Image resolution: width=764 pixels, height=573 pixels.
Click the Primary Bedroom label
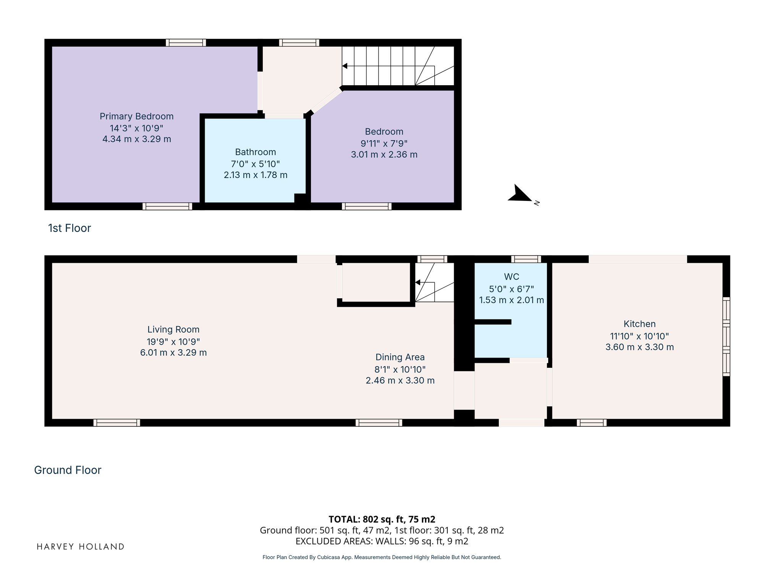coord(136,117)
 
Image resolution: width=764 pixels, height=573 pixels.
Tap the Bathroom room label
coord(255,152)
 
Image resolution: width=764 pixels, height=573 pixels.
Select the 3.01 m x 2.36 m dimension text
coord(384,155)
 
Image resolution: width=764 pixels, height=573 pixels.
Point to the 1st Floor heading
coord(70,228)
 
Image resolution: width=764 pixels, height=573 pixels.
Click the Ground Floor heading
coord(68,470)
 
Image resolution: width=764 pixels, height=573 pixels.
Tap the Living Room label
coord(173,329)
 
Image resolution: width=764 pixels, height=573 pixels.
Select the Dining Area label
coord(400,357)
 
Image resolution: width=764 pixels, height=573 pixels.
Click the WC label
coord(511,277)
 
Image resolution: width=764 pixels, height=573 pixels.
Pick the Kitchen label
coord(639,324)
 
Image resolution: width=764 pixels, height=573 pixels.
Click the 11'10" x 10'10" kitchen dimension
coord(639,336)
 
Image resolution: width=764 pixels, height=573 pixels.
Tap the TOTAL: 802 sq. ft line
coord(382,519)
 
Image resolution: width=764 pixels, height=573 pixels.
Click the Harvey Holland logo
coord(80,547)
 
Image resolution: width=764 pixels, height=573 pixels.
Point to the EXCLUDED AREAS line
coord(382,541)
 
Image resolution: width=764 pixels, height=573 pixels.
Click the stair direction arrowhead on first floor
coord(345,66)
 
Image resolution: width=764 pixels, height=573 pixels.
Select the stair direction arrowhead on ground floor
coord(418,282)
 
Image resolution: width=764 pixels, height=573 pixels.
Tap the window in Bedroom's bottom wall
coord(367,206)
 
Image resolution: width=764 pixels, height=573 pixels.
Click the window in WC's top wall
coord(526,259)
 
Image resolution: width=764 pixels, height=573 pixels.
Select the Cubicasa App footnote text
coord(382,557)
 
